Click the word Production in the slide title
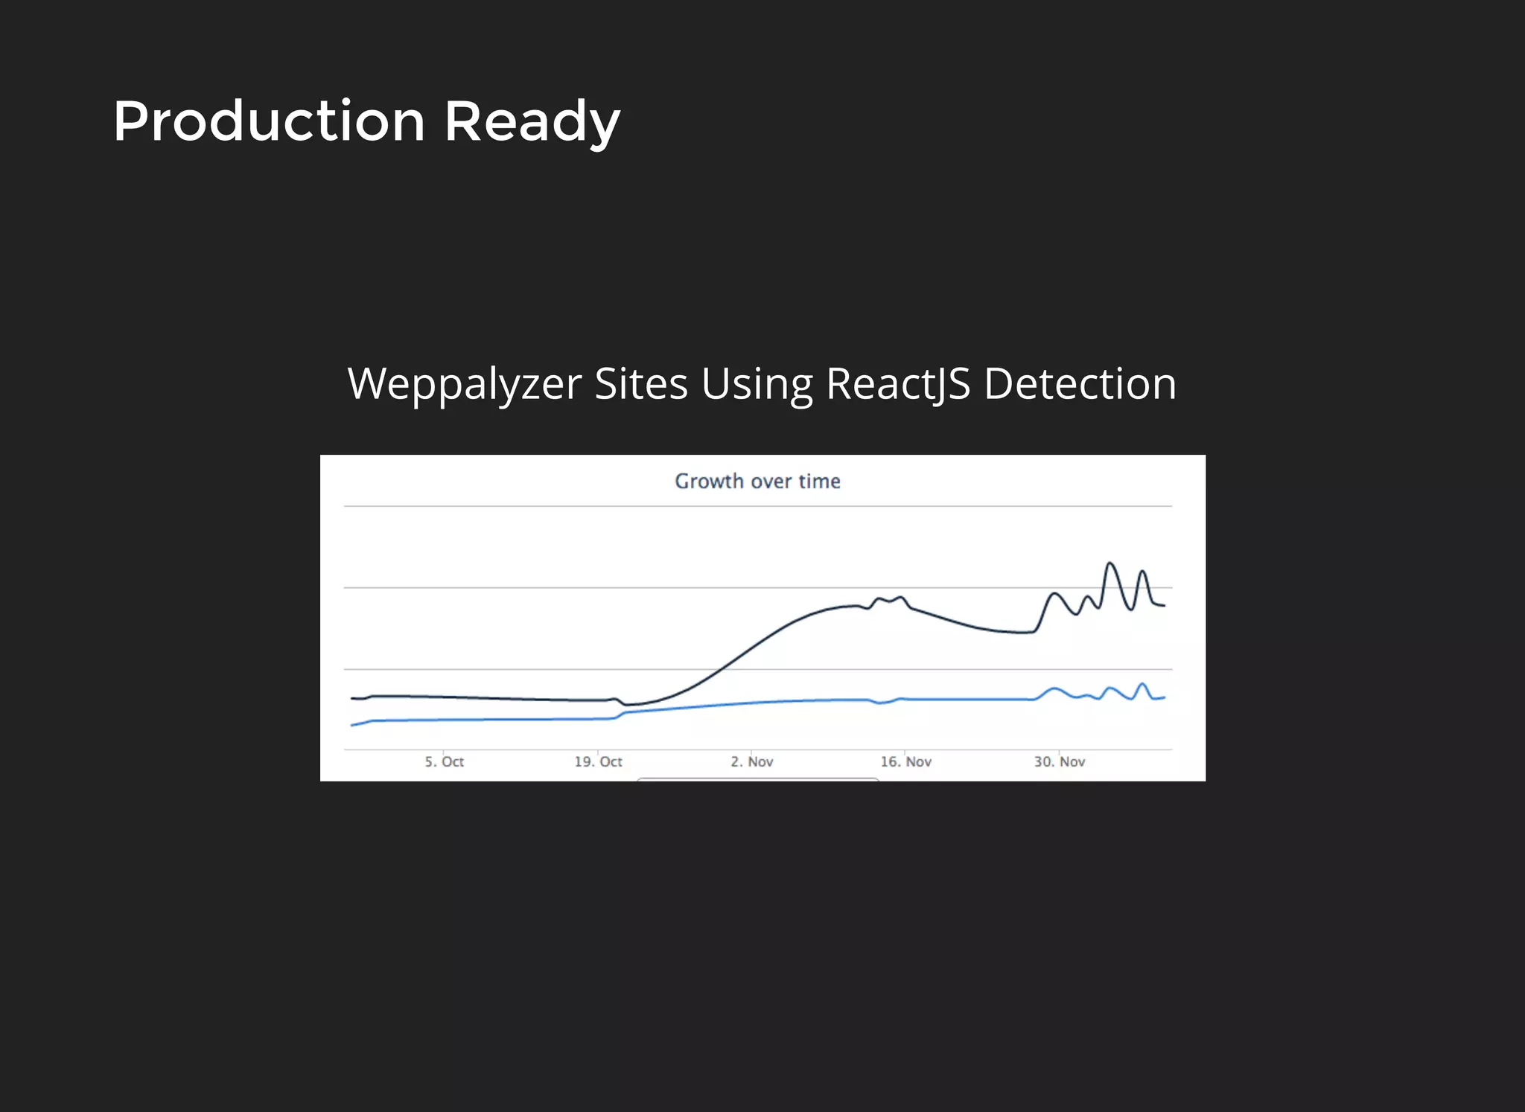pyautogui.click(x=269, y=121)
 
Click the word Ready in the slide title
pyautogui.click(x=532, y=123)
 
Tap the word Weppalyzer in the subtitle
pyautogui.click(x=465, y=384)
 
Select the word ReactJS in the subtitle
pyautogui.click(x=898, y=384)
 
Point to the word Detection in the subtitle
pyautogui.click(x=1080, y=384)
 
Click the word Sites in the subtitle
pyautogui.click(x=641, y=384)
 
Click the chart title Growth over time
pyautogui.click(x=757, y=482)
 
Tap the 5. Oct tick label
pyautogui.click(x=445, y=761)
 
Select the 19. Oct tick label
pyautogui.click(x=598, y=761)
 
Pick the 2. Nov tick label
pyautogui.click(x=752, y=761)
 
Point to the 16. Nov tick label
pyautogui.click(x=905, y=761)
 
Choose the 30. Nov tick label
pyautogui.click(x=1059, y=761)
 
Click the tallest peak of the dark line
pyautogui.click(x=1109, y=563)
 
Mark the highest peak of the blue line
pyautogui.click(x=1142, y=683)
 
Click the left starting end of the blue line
pyautogui.click(x=352, y=725)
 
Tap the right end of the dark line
pyautogui.click(x=1164, y=605)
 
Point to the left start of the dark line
pyautogui.click(x=352, y=698)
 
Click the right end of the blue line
pyautogui.click(x=1164, y=697)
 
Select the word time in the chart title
pyautogui.click(x=819, y=482)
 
